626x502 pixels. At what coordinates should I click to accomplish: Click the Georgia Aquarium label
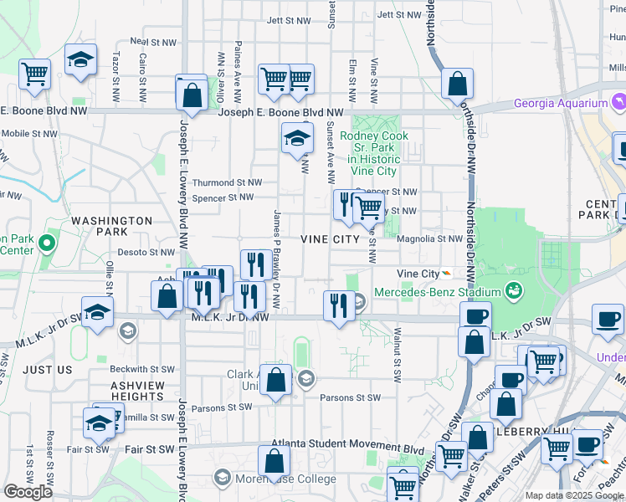(560, 104)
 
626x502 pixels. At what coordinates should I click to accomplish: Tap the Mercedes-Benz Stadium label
(436, 291)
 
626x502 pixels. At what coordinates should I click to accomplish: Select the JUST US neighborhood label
(48, 369)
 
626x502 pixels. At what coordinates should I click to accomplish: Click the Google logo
(28, 492)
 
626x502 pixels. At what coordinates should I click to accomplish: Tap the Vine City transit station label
(418, 274)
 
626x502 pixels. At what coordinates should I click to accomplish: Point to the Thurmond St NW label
(227, 182)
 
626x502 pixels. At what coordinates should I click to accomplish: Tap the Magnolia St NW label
(429, 238)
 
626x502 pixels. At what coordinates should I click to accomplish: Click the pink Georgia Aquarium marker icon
(618, 102)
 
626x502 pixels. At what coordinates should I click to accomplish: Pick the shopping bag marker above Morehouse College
(274, 462)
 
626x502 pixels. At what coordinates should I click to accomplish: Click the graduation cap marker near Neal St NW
(80, 59)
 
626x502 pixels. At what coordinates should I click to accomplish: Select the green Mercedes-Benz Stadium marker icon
(514, 291)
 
